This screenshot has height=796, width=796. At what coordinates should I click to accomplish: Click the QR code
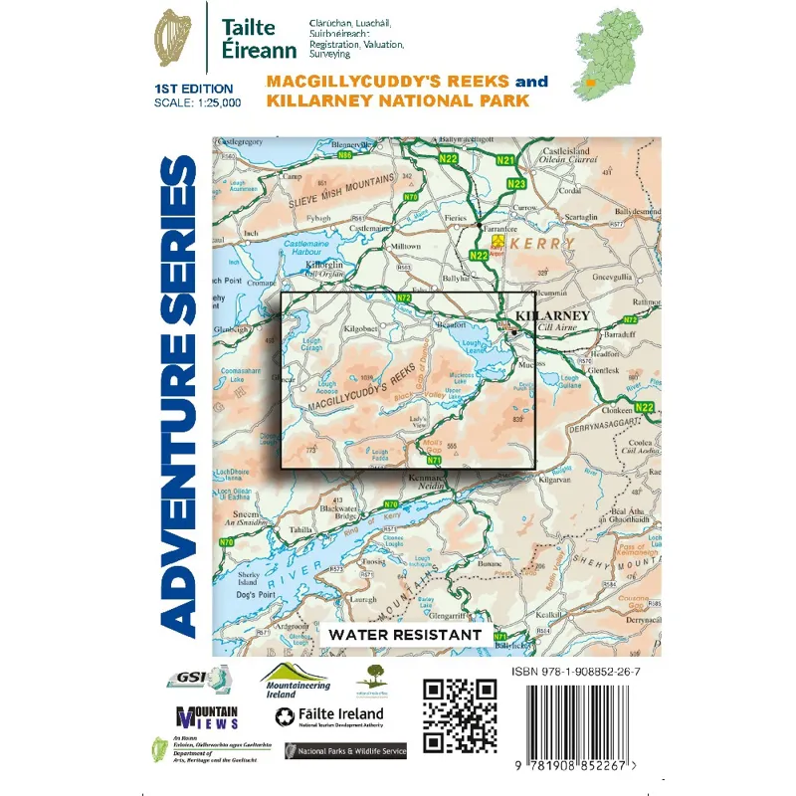(460, 716)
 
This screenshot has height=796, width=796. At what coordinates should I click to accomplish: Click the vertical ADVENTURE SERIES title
(175, 398)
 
